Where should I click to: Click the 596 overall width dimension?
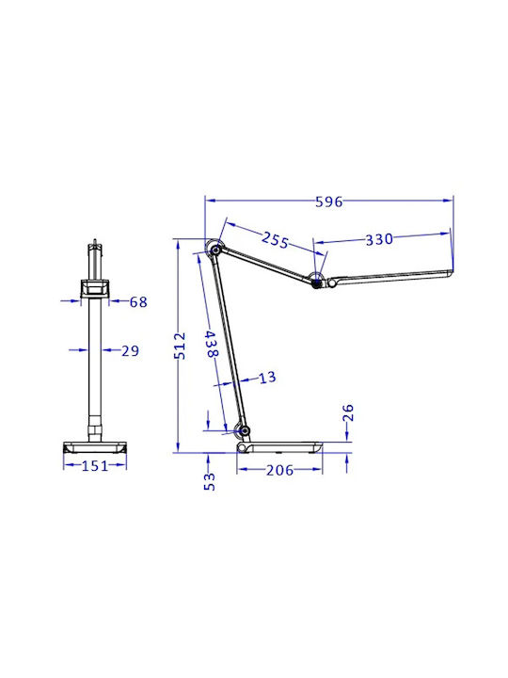click(328, 202)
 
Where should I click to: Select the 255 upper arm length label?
click(275, 240)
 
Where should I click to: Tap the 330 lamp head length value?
click(379, 239)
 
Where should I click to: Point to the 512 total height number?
click(180, 346)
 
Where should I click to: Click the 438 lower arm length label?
click(212, 345)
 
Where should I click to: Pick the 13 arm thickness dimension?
click(267, 378)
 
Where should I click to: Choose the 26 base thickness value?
click(348, 412)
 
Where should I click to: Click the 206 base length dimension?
click(279, 470)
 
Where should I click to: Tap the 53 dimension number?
click(209, 481)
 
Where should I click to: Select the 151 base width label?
click(95, 466)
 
